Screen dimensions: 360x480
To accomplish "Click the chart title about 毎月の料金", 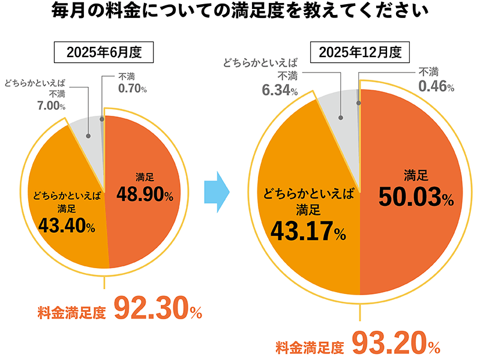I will (x=240, y=11).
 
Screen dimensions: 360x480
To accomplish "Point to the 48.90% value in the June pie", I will (x=149, y=196).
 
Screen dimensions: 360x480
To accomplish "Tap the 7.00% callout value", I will (x=50, y=106).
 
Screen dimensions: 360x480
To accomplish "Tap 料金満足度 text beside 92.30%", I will (x=71, y=312).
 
